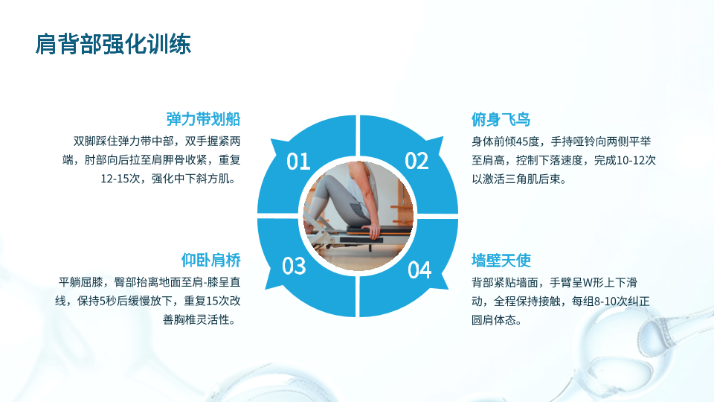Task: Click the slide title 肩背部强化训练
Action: pyautogui.click(x=113, y=44)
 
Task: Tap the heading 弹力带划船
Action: pyautogui.click(x=203, y=119)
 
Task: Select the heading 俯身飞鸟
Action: pyautogui.click(x=501, y=119)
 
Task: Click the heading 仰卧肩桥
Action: pyautogui.click(x=210, y=261)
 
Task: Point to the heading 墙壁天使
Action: pyautogui.click(x=501, y=261)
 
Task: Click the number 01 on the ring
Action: pyautogui.click(x=298, y=162)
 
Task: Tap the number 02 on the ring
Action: pyautogui.click(x=416, y=162)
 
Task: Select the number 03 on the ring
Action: pyautogui.click(x=294, y=266)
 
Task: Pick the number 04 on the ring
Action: pyautogui.click(x=419, y=269)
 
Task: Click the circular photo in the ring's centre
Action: pyautogui.click(x=358, y=215)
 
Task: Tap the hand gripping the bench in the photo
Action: pyautogui.click(x=373, y=232)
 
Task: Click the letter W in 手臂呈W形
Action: pyautogui.click(x=588, y=283)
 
